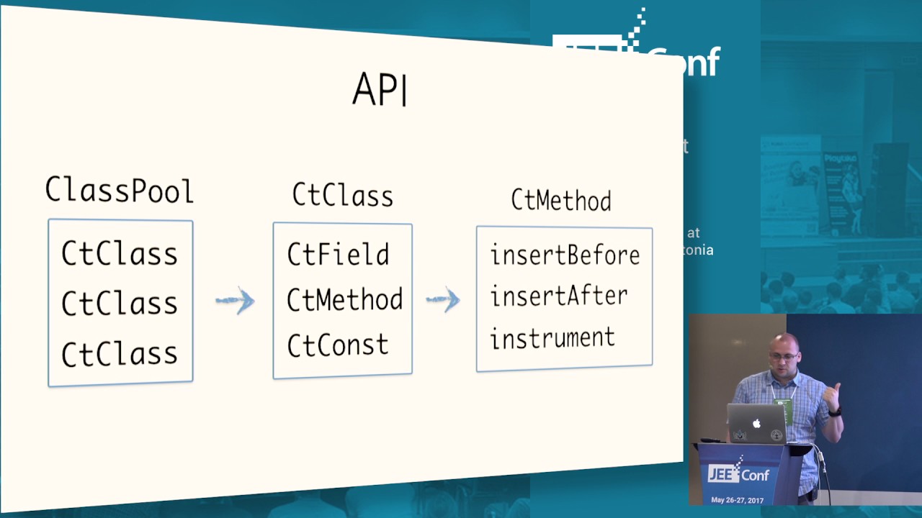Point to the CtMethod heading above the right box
tap(561, 200)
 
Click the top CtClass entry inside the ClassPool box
tap(120, 254)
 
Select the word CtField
tap(338, 255)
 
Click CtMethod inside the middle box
tap(344, 300)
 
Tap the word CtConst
tap(337, 345)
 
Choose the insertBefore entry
tap(565, 255)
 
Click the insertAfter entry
tap(558, 296)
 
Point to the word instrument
tap(552, 338)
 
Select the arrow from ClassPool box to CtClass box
tap(236, 301)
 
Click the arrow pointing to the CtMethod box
tap(443, 299)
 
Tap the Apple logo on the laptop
tap(756, 424)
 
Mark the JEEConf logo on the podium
tap(739, 473)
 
